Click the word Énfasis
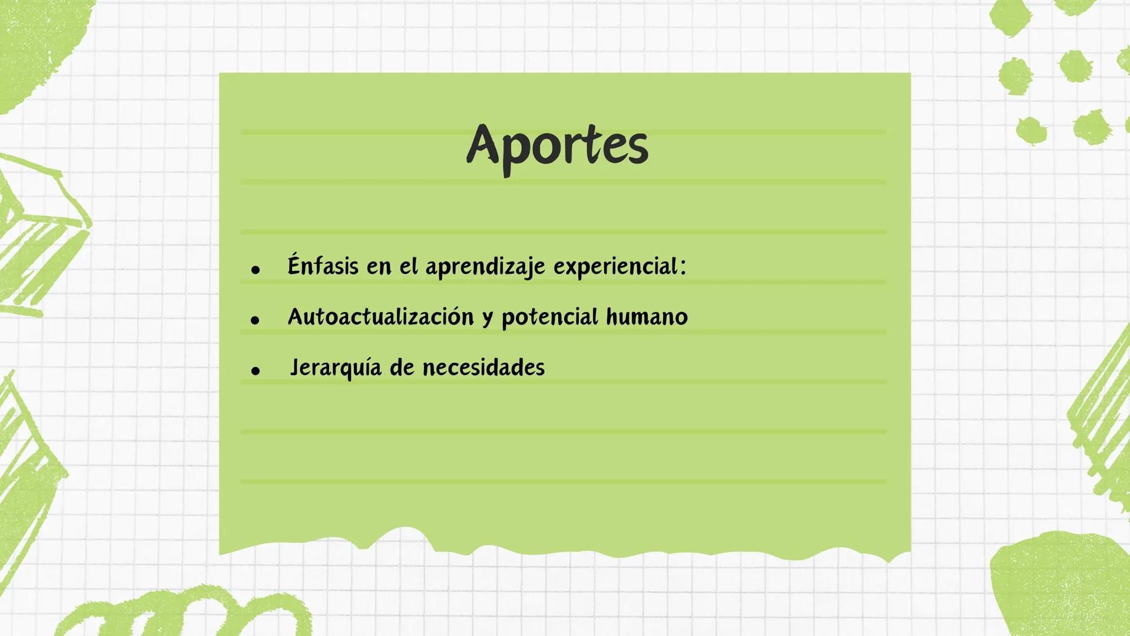click(x=323, y=266)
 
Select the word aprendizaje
click(x=485, y=267)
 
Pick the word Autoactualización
click(x=380, y=317)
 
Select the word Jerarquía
click(x=335, y=368)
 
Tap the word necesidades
click(x=483, y=367)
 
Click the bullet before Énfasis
click(x=255, y=270)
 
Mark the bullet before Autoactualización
click(x=255, y=320)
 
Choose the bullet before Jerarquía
click(x=255, y=370)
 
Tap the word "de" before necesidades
click(x=402, y=367)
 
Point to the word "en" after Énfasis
click(x=379, y=267)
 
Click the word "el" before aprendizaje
click(x=408, y=266)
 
